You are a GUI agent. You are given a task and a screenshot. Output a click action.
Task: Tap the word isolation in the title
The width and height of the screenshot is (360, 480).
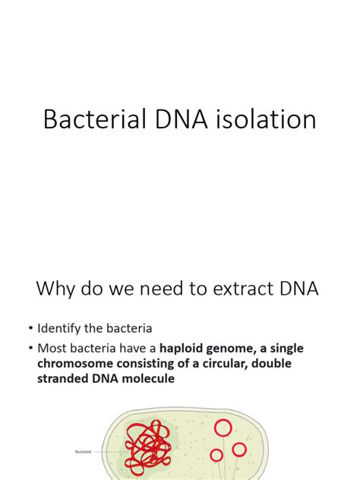click(x=263, y=119)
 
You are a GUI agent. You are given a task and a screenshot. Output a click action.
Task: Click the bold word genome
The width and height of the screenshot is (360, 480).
click(x=249, y=349)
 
